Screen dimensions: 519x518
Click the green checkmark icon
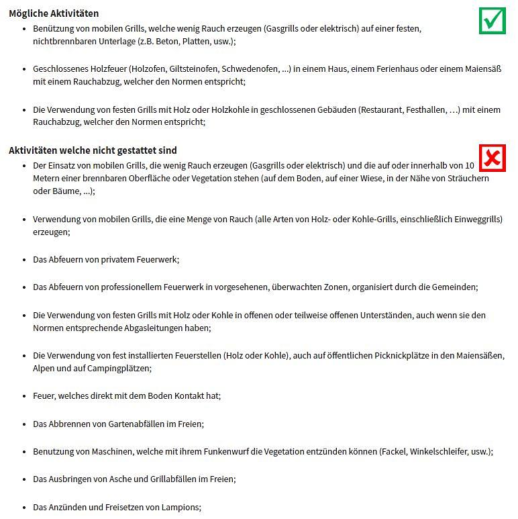tap(493, 20)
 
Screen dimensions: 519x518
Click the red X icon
tap(493, 158)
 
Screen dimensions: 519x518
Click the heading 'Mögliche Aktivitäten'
tap(54, 13)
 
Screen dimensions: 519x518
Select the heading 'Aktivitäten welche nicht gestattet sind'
tap(93, 150)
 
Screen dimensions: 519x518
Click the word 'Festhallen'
tap(426, 109)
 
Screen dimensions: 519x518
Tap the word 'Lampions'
tap(181, 507)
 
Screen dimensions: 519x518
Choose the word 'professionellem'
tap(134, 287)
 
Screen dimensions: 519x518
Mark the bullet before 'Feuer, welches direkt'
tap(25, 396)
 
